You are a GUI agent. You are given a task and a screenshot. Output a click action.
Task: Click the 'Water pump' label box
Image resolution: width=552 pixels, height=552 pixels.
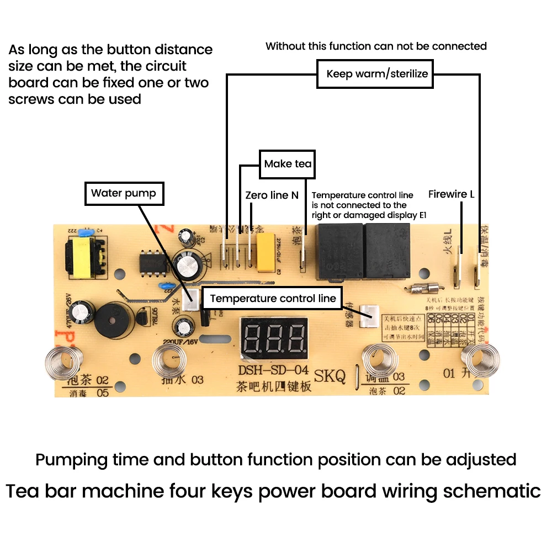pyautogui.click(x=124, y=193)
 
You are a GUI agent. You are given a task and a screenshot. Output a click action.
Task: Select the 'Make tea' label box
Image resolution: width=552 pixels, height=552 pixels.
pyautogui.click(x=288, y=164)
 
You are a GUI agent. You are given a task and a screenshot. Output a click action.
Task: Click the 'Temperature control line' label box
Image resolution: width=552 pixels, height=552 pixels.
pyautogui.click(x=273, y=299)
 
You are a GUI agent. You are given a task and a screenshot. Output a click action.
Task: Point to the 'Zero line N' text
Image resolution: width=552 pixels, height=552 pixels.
pyautogui.click(x=272, y=195)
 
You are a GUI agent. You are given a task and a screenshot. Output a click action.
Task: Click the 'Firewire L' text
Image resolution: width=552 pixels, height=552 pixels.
pyautogui.click(x=451, y=194)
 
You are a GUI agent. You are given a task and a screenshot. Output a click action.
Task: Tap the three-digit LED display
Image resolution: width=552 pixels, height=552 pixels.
pyautogui.click(x=273, y=338)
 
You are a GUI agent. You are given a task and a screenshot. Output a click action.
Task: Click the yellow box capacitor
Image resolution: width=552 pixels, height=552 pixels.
pyautogui.click(x=266, y=252)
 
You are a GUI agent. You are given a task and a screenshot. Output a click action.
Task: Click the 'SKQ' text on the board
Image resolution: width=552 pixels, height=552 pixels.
pyautogui.click(x=330, y=376)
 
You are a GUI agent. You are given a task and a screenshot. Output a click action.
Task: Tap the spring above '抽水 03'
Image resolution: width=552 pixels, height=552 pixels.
pyautogui.click(x=169, y=359)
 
